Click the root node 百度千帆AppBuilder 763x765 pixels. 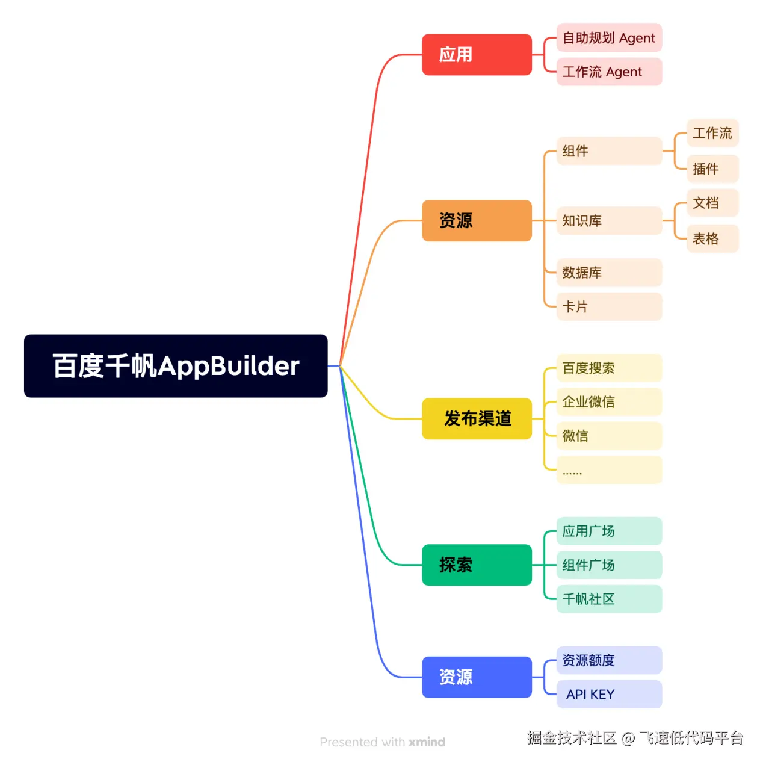pos(176,366)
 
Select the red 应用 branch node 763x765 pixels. pos(477,55)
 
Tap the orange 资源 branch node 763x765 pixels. pos(477,221)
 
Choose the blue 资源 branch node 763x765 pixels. pos(477,677)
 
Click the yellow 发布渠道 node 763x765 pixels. pos(477,419)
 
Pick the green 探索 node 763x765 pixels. pos(477,565)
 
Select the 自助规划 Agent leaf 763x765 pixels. pos(609,38)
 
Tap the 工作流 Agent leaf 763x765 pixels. pos(609,72)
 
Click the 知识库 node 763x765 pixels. pos(609,221)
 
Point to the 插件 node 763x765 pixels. pos(712,169)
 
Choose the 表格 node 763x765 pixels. pos(712,239)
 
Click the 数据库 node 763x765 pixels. pos(609,273)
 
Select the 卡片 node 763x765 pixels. pos(609,307)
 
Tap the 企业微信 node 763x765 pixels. pos(609,402)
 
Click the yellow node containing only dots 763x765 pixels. pos(609,470)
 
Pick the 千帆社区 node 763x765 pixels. pos(609,599)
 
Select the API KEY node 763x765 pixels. pos(609,695)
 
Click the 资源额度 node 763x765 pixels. pos(609,660)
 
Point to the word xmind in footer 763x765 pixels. pos(427,742)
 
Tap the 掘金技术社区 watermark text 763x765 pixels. pos(572,738)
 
